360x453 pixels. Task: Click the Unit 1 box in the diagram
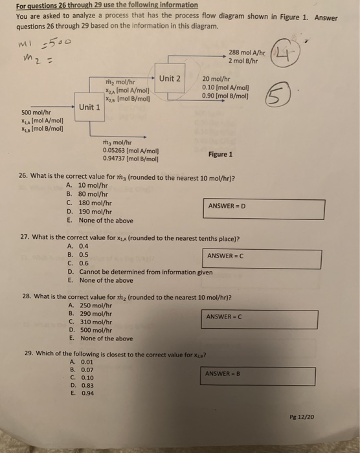click(89, 107)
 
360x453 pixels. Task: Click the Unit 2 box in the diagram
click(169, 79)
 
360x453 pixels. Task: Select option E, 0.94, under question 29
click(81, 392)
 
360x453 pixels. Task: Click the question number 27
click(25, 238)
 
